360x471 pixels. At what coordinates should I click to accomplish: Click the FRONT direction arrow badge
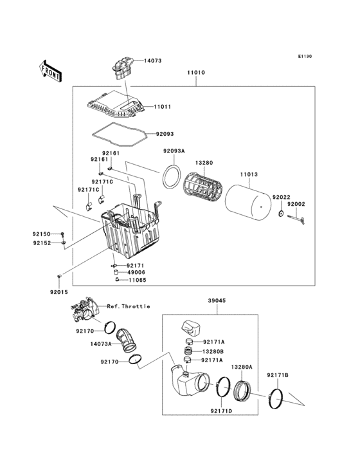(51, 70)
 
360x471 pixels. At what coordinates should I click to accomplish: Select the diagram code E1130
(304, 57)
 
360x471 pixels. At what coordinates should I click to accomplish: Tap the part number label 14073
(152, 61)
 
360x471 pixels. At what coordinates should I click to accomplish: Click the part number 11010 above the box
(195, 73)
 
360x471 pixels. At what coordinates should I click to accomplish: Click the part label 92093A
(156, 151)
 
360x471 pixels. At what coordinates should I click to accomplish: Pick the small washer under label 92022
(282, 213)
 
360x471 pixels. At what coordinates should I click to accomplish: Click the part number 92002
(296, 204)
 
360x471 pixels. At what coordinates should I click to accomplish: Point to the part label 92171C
(88, 190)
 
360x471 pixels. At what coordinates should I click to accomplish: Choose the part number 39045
(216, 300)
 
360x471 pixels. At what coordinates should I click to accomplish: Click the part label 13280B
(213, 351)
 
